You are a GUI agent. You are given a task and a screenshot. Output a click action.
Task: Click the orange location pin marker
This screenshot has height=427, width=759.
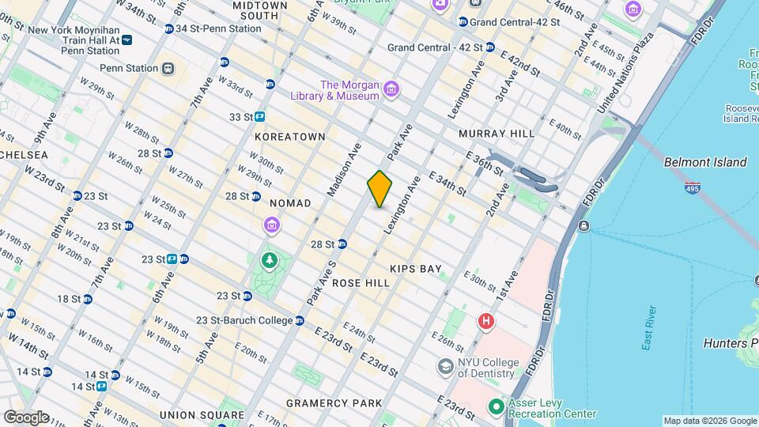pyautogui.click(x=379, y=189)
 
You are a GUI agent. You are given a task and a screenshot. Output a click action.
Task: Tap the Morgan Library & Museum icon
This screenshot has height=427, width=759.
pyautogui.click(x=391, y=92)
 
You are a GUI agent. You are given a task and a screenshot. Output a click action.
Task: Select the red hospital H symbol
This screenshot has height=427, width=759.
pyautogui.click(x=485, y=321)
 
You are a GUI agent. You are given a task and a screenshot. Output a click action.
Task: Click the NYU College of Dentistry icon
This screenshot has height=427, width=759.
pyautogui.click(x=446, y=367)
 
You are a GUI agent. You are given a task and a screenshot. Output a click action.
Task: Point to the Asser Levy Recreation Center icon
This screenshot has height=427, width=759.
pyautogui.click(x=496, y=407)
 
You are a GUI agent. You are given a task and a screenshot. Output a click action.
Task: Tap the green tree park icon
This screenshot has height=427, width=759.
pyautogui.click(x=270, y=259)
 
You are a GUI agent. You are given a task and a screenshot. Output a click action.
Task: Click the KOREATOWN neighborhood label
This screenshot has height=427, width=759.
pyautogui.click(x=290, y=137)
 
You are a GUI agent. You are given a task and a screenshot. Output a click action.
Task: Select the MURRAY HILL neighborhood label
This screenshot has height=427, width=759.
pyautogui.click(x=497, y=134)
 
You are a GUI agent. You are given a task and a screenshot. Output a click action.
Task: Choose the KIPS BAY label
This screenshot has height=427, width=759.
pyautogui.click(x=415, y=269)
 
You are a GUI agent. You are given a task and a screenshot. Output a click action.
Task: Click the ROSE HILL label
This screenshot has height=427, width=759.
pyautogui.click(x=361, y=282)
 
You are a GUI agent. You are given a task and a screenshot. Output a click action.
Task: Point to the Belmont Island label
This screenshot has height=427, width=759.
pyautogui.click(x=705, y=162)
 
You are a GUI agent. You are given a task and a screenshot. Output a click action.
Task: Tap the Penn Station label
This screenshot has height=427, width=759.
pyautogui.click(x=129, y=69)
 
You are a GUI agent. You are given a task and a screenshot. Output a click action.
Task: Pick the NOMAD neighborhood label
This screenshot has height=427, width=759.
pyautogui.click(x=290, y=203)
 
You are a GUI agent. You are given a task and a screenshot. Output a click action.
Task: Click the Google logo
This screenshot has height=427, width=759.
pyautogui.click(x=25, y=417)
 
